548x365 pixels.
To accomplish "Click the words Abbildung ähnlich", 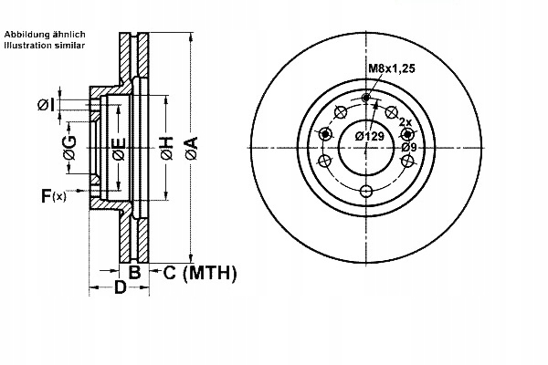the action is point(45,34).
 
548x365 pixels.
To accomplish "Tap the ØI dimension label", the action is point(46,105).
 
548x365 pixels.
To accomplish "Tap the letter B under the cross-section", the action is point(133,272).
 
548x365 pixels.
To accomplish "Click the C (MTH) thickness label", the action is point(200,272).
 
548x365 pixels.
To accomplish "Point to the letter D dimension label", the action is point(120,289).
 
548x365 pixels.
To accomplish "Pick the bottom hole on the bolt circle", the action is point(366,191).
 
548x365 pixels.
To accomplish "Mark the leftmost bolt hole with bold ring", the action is point(324,133).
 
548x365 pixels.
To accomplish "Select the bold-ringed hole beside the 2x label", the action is point(407,133).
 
